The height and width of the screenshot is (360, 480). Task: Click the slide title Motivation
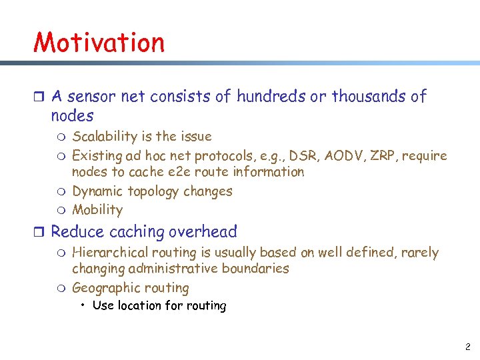pos(99,42)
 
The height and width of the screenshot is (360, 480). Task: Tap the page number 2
pos(467,347)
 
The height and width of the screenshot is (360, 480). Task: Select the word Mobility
pos(97,210)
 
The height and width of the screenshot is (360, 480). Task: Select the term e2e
pos(170,172)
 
